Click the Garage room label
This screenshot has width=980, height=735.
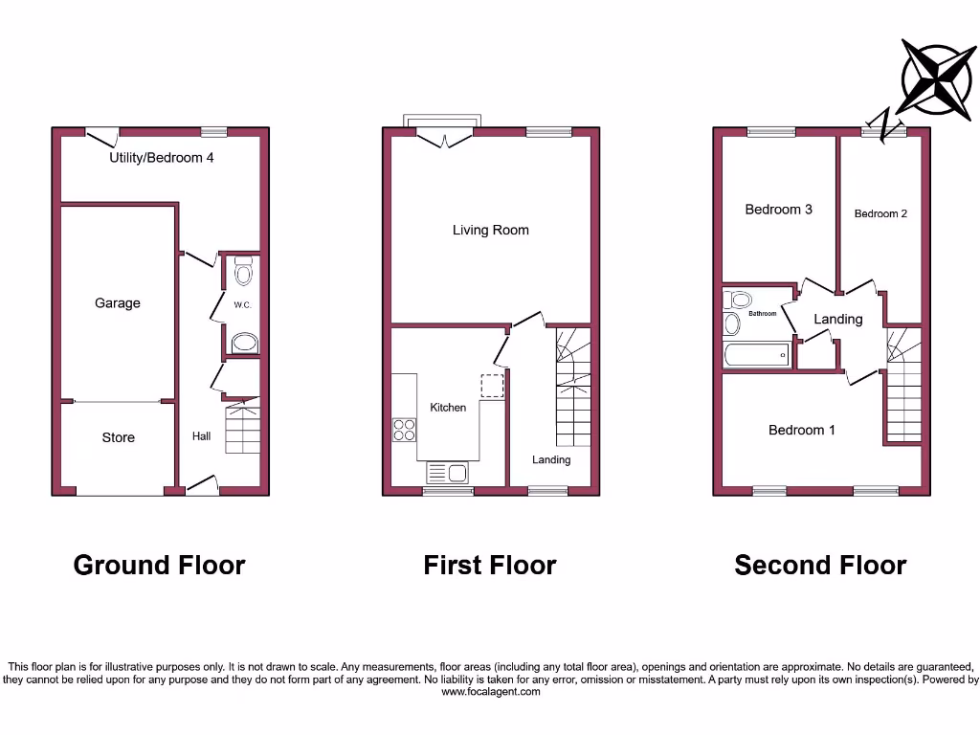pos(118,303)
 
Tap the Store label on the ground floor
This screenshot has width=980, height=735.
pos(119,437)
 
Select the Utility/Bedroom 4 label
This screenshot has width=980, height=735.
pos(161,157)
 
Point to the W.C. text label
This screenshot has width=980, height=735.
pos(241,305)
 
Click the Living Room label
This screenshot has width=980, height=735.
pos(490,230)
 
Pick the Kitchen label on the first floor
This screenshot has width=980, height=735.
pos(448,408)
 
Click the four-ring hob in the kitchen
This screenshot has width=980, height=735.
pos(404,431)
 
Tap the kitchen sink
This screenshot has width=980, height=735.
pos(445,472)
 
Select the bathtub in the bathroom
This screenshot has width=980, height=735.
pos(757,355)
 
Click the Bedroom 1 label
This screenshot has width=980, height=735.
pos(802,430)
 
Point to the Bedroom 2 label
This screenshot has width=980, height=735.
pos(880,213)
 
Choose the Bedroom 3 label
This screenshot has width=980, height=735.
pos(779,210)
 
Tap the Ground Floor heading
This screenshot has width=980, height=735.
pos(160,566)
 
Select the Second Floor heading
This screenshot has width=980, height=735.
pos(820,566)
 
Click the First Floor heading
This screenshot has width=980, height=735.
pos(490,566)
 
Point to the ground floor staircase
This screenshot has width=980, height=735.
pos(243,428)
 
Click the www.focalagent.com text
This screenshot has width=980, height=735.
pos(490,692)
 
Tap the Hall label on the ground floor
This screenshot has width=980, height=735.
pos(201,436)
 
